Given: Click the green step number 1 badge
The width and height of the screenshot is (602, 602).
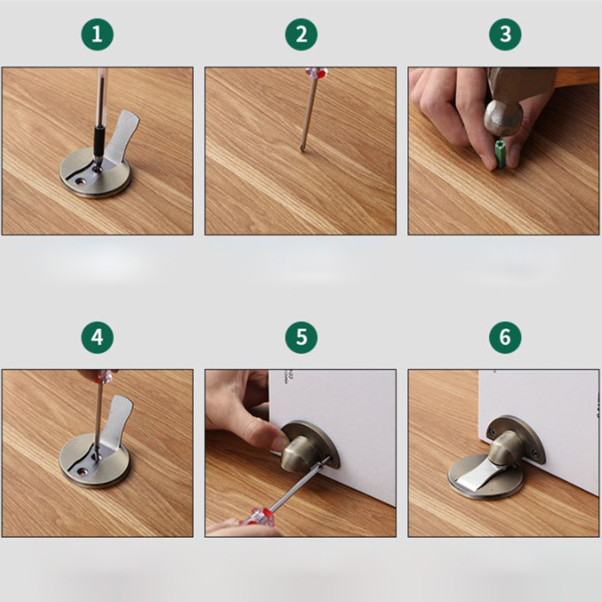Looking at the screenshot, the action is coord(97,35).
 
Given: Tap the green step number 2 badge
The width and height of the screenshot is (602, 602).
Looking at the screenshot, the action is coord(302,35).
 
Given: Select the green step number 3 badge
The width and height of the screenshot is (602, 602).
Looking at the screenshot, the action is coord(505,35).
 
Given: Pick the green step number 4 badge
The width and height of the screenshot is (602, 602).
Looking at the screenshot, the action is coord(97,337).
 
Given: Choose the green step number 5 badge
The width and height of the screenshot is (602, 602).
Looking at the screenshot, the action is coord(302,337).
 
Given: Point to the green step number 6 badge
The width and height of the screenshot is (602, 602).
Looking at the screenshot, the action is coord(505,337).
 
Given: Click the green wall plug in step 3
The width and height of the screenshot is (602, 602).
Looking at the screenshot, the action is coord(500,154).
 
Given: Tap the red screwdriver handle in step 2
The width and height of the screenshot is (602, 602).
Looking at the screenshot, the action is coord(316,72).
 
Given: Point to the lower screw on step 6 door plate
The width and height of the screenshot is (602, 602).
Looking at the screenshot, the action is coord(534,455).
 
